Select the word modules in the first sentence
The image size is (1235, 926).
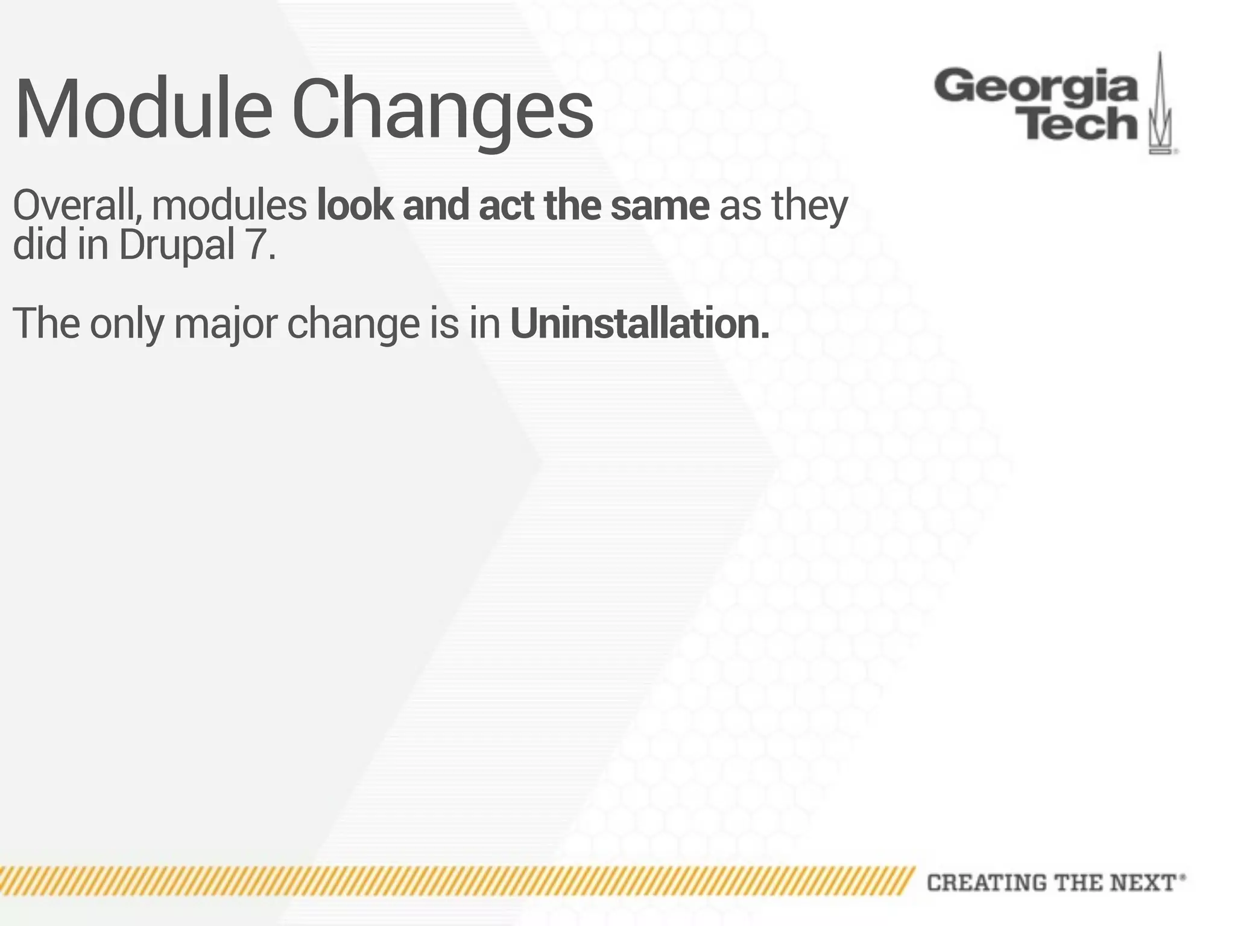click(229, 206)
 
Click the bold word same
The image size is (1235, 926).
click(660, 206)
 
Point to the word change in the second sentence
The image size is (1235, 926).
click(353, 324)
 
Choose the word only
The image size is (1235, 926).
click(127, 324)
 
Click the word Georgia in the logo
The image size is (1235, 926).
click(1035, 87)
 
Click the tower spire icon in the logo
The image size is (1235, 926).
click(1160, 106)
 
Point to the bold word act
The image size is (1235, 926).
click(506, 206)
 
